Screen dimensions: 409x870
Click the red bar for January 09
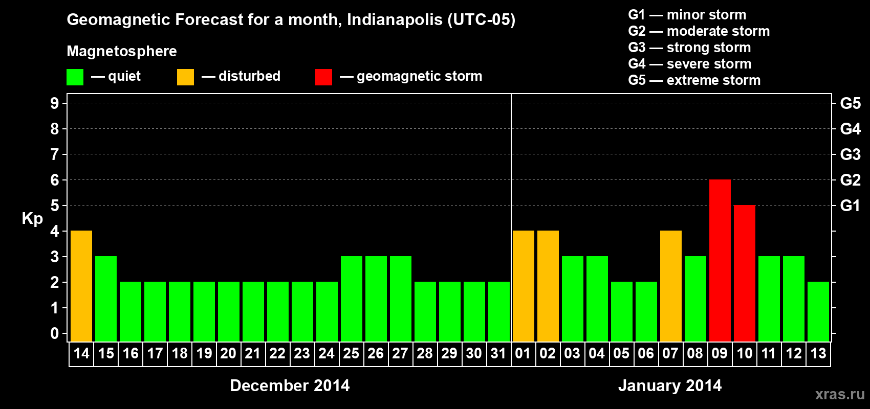point(720,260)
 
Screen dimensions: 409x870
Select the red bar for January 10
point(745,273)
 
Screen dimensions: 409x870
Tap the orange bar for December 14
point(81,286)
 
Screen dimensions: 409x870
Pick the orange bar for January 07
point(671,286)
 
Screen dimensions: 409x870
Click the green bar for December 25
point(352,299)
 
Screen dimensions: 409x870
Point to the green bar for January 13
point(818,311)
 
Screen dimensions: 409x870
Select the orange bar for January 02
point(548,286)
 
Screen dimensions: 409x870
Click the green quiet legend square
point(75,77)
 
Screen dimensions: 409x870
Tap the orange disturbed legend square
point(185,77)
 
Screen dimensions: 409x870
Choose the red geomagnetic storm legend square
point(323,77)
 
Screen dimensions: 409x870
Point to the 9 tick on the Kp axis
point(55,103)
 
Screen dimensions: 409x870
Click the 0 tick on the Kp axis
point(55,334)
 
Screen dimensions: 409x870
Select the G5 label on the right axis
point(850,103)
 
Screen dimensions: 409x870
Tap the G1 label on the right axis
point(850,206)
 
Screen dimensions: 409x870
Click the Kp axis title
point(32,218)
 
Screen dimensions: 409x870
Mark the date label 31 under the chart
point(498,353)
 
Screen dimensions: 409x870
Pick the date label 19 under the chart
point(204,353)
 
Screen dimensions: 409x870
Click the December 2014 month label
point(290,385)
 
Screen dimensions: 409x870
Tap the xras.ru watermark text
point(840,394)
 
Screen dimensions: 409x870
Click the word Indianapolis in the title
point(395,19)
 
